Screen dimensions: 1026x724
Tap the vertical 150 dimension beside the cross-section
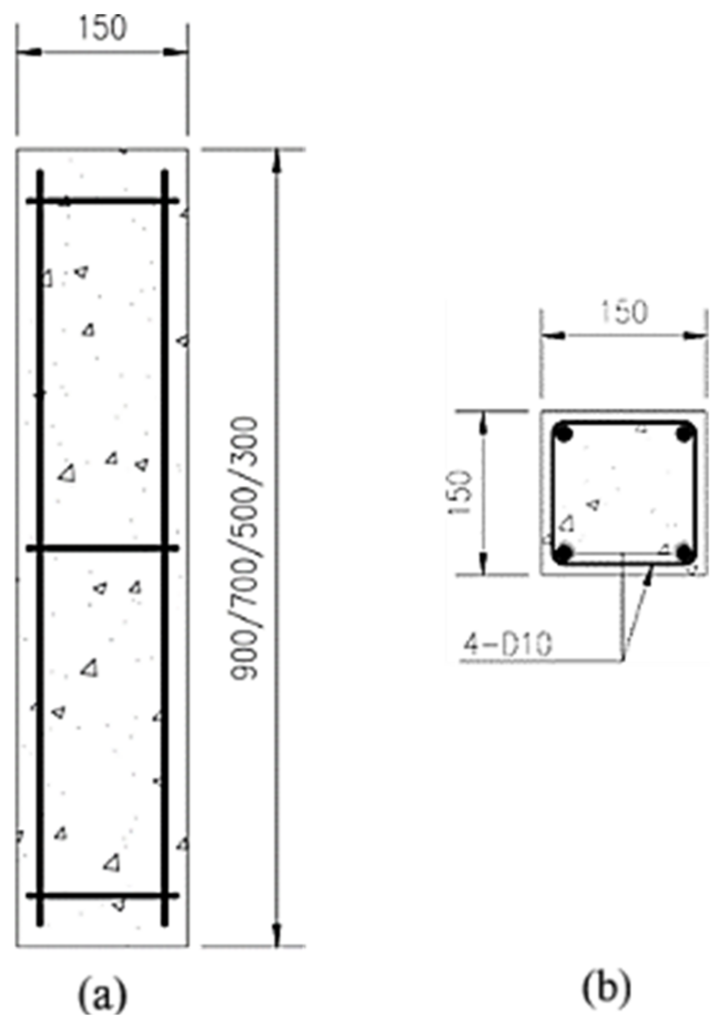462,492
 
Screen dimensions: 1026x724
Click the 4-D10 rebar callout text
508,646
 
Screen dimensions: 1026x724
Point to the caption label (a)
103,997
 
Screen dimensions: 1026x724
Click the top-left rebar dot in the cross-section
564,432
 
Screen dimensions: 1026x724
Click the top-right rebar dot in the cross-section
686,432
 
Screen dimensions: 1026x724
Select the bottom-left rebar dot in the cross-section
564,554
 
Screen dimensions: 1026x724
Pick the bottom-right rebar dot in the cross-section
686,554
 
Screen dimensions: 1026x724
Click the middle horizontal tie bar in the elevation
103,549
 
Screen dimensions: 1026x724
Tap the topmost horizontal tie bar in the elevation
103,200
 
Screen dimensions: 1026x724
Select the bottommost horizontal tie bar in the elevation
103,896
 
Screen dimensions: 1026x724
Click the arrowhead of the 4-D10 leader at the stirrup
647,572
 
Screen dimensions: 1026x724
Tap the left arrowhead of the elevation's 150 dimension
28,52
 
